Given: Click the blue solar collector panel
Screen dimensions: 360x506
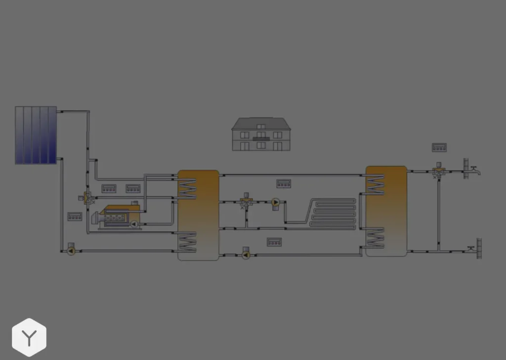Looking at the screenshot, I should tap(36, 135).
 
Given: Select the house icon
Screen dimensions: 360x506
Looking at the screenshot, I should tap(261, 134).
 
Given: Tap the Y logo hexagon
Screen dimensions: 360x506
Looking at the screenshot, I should tap(29, 338).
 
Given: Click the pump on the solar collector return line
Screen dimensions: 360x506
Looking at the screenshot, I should tap(71, 251).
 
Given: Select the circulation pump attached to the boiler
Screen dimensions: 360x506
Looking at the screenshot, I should tap(133, 224).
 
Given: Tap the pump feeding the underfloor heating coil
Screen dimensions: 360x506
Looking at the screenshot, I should tap(275, 202).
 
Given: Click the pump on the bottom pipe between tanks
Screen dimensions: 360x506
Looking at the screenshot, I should tap(246, 255).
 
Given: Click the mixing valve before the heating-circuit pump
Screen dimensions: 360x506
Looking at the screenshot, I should tap(246, 202).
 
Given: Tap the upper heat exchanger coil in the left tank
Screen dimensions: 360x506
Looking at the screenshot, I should tap(188, 189).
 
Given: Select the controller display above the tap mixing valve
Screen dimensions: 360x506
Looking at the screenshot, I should tap(439, 147).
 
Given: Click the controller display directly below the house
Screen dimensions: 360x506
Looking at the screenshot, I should tap(284, 183).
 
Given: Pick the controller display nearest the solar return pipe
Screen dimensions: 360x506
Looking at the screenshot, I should tap(75, 217).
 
